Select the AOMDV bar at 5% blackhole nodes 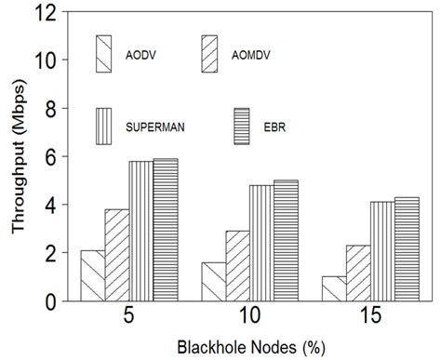pos(116,255)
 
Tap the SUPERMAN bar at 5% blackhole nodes pos(140,231)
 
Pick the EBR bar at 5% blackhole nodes pos(165,230)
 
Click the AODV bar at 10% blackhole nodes pos(213,282)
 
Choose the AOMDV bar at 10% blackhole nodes pos(237,266)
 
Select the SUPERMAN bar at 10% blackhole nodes pos(261,243)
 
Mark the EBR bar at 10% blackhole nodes pos(286,241)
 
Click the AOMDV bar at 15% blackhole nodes pos(358,273)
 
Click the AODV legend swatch pos(103,54)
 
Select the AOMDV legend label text pos(247,54)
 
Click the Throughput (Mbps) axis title pos(16,156)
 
